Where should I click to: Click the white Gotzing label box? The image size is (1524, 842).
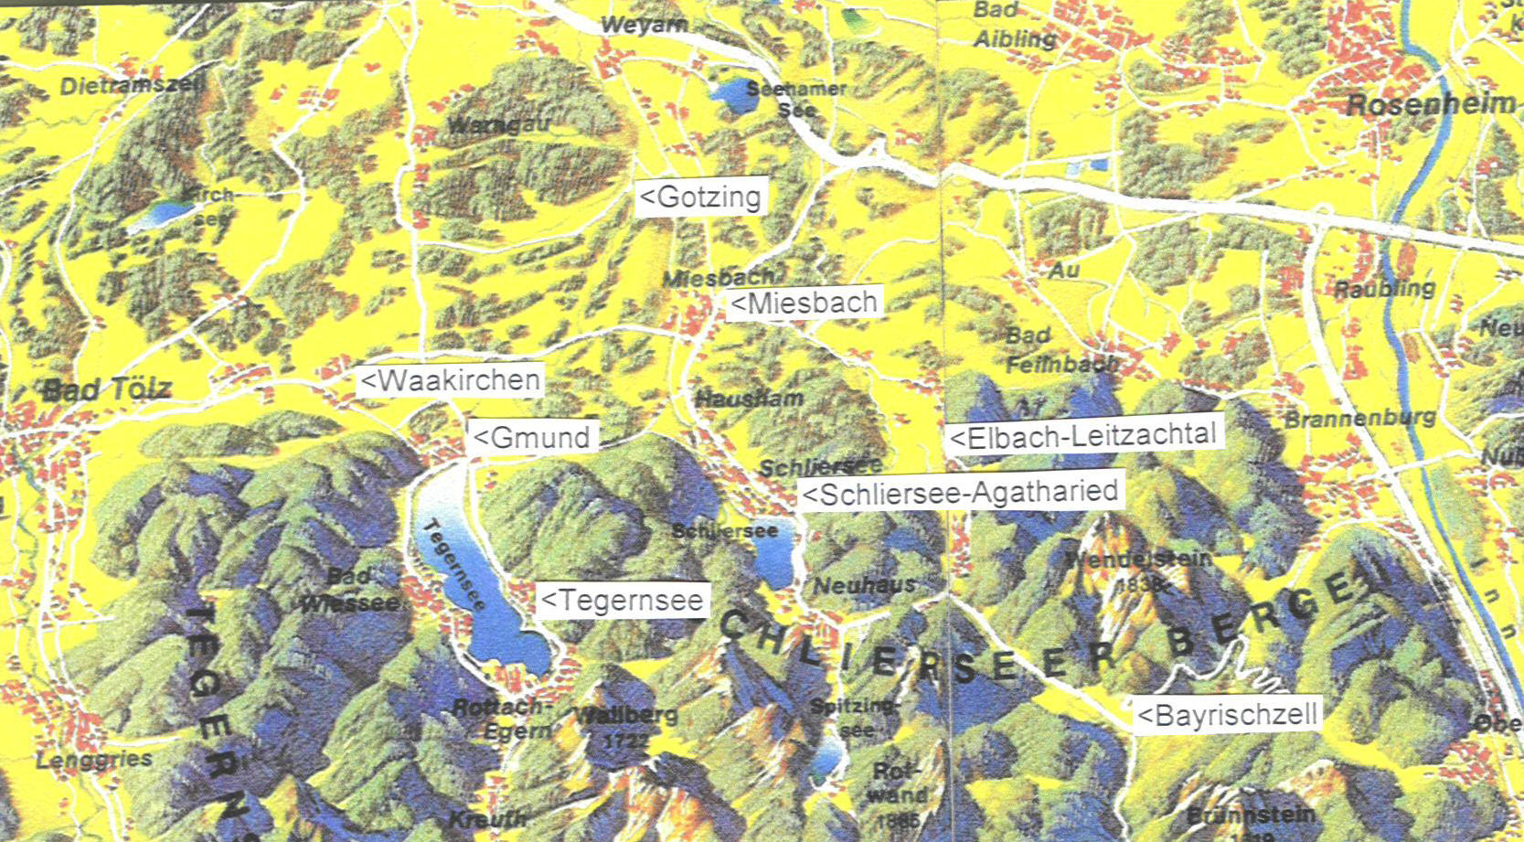(x=701, y=197)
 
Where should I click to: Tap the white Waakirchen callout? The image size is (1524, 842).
(x=451, y=380)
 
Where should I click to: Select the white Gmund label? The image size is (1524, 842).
(x=533, y=437)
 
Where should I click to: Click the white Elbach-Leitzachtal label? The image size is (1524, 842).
(x=1084, y=436)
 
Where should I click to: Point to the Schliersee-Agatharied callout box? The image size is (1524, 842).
(x=961, y=493)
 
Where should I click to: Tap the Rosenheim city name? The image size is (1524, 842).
(x=1431, y=104)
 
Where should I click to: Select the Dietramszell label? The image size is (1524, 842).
(x=133, y=86)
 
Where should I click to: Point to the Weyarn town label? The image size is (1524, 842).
(x=645, y=25)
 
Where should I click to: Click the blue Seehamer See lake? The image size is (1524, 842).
(x=731, y=94)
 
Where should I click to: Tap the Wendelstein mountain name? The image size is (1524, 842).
(x=1139, y=558)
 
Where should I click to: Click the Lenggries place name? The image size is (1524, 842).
(x=94, y=760)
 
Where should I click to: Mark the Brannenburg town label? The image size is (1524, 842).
(x=1359, y=419)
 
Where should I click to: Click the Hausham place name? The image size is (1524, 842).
(x=750, y=399)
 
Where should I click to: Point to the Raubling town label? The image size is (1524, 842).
(x=1383, y=290)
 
